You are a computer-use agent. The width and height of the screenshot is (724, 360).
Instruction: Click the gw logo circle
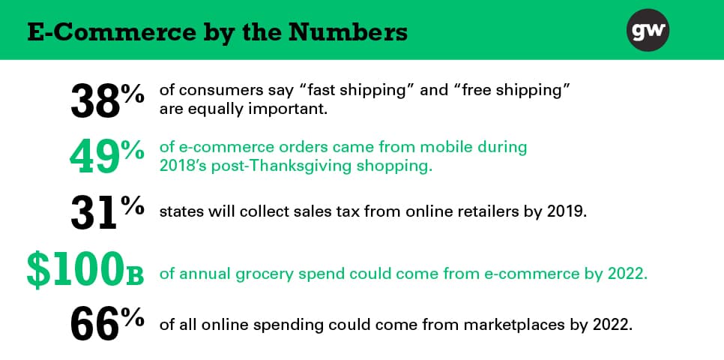coord(648,30)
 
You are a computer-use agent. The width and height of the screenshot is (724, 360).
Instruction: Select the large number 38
coord(94,100)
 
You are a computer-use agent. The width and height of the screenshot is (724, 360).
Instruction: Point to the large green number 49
coord(94,157)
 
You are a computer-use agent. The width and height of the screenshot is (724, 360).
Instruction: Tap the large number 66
coord(94,325)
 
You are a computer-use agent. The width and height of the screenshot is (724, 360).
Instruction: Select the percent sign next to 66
coord(132,319)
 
